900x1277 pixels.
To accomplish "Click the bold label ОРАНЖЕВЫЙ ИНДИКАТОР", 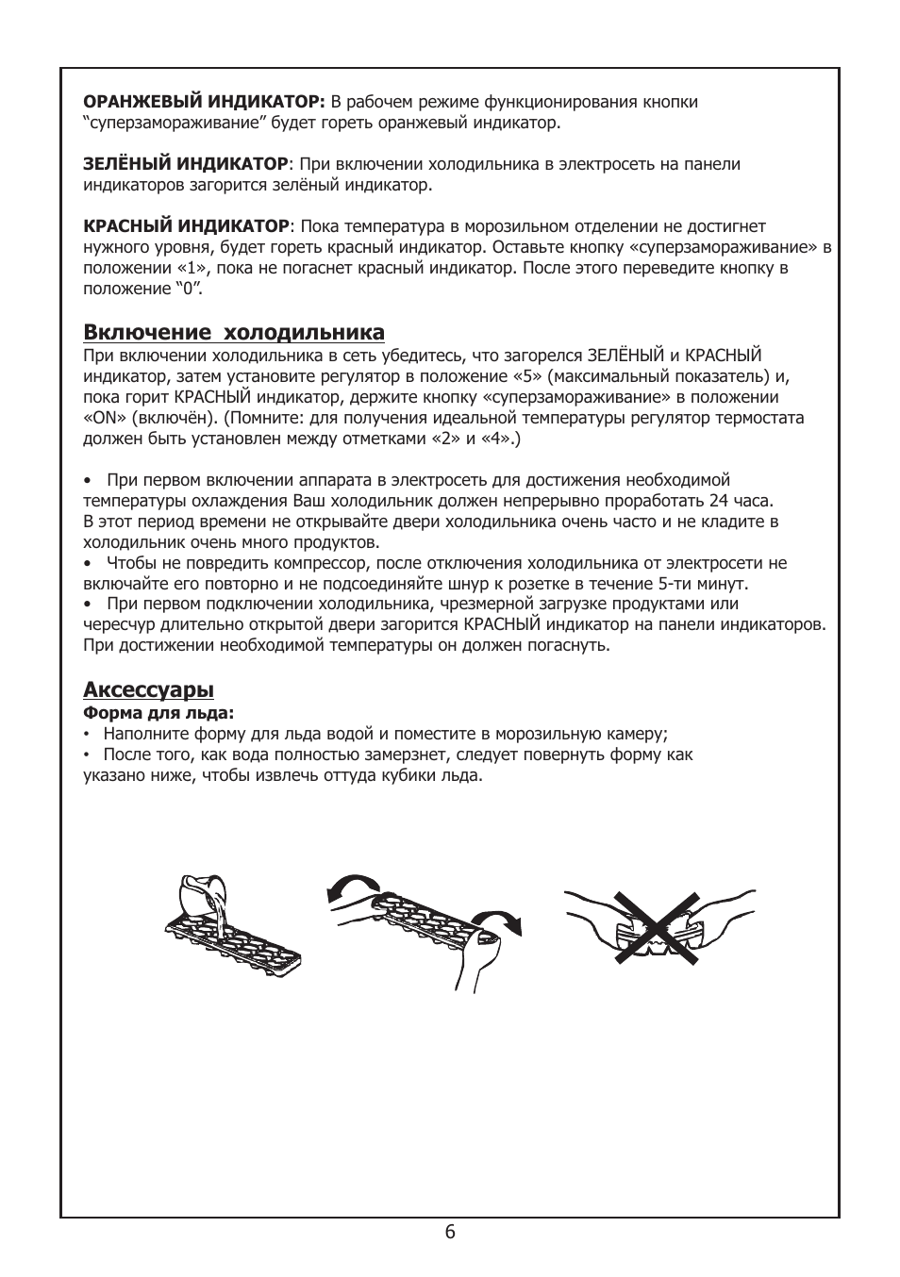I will [204, 102].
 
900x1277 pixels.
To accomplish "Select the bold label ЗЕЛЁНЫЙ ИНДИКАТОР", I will [186, 164].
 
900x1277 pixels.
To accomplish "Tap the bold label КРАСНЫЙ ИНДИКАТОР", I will [186, 226].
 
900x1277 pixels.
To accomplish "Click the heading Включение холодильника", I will [234, 332].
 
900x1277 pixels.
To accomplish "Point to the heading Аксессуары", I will [148, 689].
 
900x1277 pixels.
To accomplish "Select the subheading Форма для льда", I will [158, 713].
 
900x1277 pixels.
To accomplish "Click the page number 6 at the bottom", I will [450, 1232].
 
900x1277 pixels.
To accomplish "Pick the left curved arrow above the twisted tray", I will [351, 887].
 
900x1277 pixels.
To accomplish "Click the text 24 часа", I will [741, 501].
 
